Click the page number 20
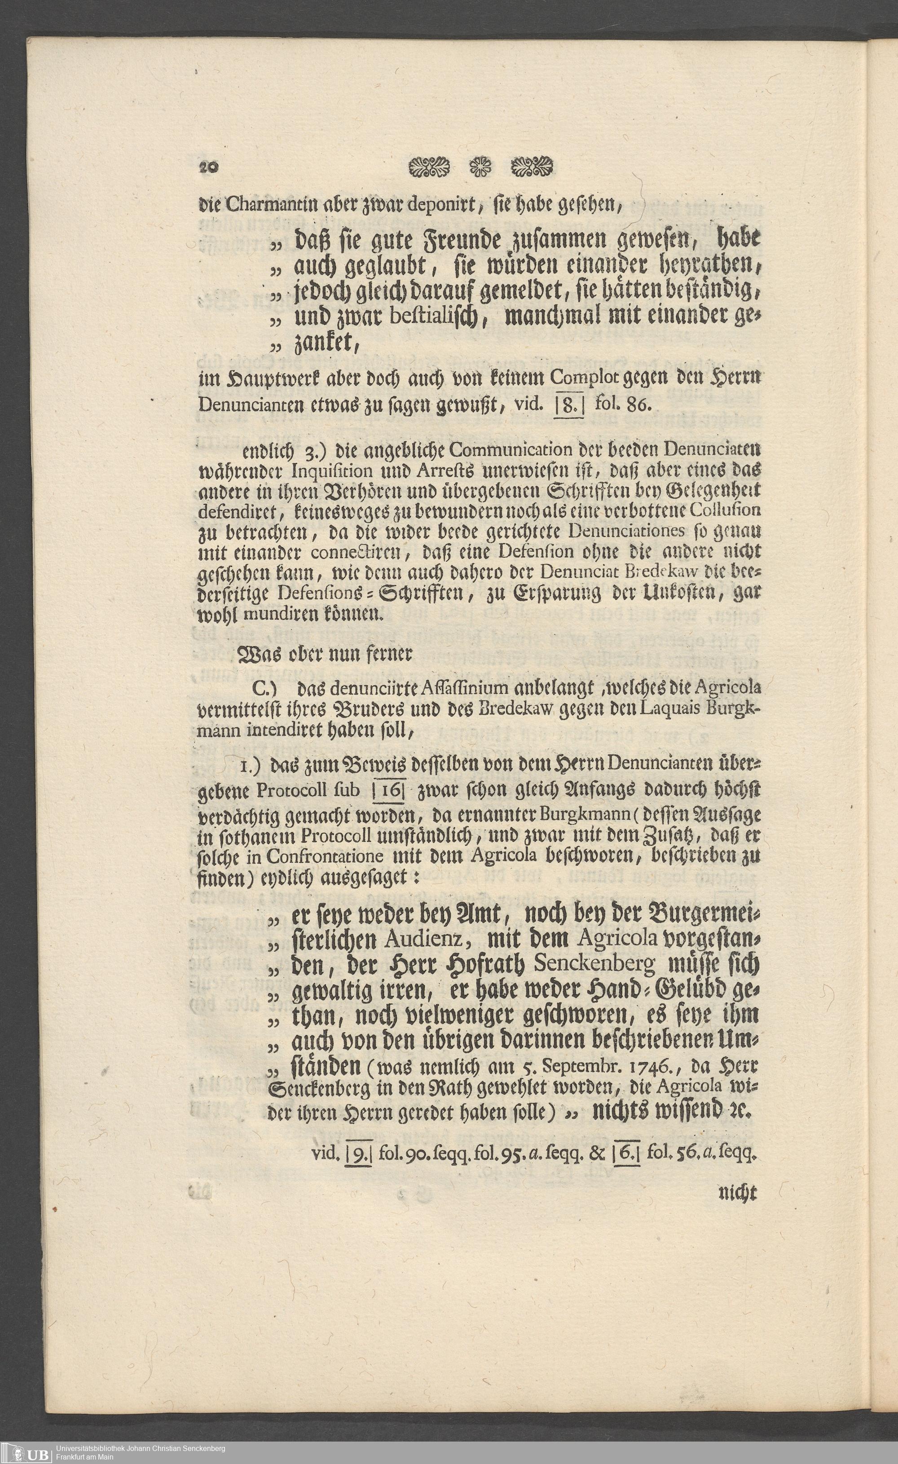coord(209,167)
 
